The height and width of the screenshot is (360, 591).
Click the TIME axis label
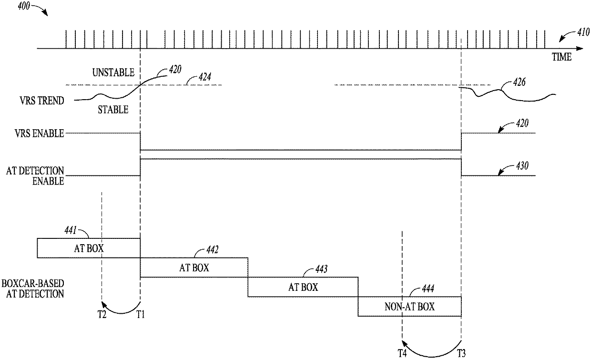click(561, 57)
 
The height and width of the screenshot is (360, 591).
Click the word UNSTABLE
click(113, 73)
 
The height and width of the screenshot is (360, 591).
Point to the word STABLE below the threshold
click(113, 109)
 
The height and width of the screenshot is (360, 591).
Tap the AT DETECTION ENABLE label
click(35, 175)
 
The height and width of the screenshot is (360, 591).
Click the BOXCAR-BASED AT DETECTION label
click(33, 289)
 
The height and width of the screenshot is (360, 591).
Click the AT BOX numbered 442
click(194, 267)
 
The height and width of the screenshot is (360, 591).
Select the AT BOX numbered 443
click(303, 287)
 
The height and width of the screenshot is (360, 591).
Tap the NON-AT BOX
click(409, 307)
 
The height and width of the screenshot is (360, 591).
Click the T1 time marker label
click(141, 315)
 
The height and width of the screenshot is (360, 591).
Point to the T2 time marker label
click(102, 315)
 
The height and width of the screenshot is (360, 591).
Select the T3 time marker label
click(462, 353)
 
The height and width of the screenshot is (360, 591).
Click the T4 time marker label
click(402, 353)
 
